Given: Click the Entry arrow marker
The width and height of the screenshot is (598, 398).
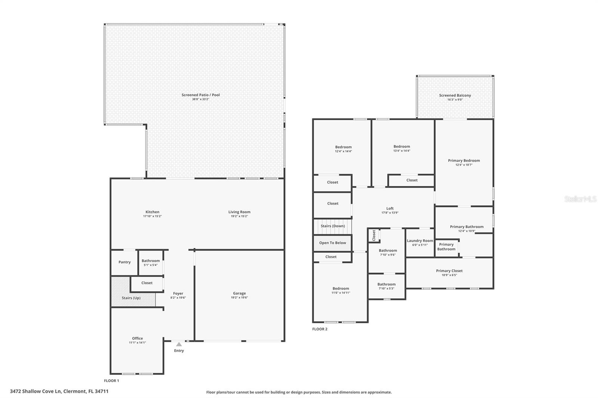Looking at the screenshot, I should [179, 344].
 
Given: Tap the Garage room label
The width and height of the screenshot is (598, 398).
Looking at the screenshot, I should [239, 293].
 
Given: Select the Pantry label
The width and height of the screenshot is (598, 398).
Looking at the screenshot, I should [124, 262].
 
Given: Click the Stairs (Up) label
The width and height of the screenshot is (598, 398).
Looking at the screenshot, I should [131, 298].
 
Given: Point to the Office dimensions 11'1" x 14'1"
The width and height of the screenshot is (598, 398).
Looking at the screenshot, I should [137, 343].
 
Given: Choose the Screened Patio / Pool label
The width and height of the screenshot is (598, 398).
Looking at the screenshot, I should [201, 95].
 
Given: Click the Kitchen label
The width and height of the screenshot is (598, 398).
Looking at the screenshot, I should [152, 212].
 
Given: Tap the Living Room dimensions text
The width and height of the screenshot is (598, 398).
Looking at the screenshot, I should [239, 216].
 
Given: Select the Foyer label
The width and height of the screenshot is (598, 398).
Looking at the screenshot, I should [178, 293].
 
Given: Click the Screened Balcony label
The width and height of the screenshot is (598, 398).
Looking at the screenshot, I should [455, 95].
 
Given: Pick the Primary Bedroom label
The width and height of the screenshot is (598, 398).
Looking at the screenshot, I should [464, 161].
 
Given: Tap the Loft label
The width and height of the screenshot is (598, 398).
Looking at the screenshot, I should [390, 208].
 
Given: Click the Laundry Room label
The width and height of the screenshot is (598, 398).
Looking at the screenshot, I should [420, 241].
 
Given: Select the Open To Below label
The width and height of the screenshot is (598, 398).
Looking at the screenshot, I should [333, 243].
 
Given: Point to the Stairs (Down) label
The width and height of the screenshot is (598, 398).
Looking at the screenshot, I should [333, 226].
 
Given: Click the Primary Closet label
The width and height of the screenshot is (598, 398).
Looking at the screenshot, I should [449, 271].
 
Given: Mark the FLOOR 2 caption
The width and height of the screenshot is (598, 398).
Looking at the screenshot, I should [320, 329].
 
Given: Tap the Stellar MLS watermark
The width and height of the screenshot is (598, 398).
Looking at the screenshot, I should [580, 199].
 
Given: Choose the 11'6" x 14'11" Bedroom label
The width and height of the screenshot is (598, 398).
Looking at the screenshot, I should [341, 288].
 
